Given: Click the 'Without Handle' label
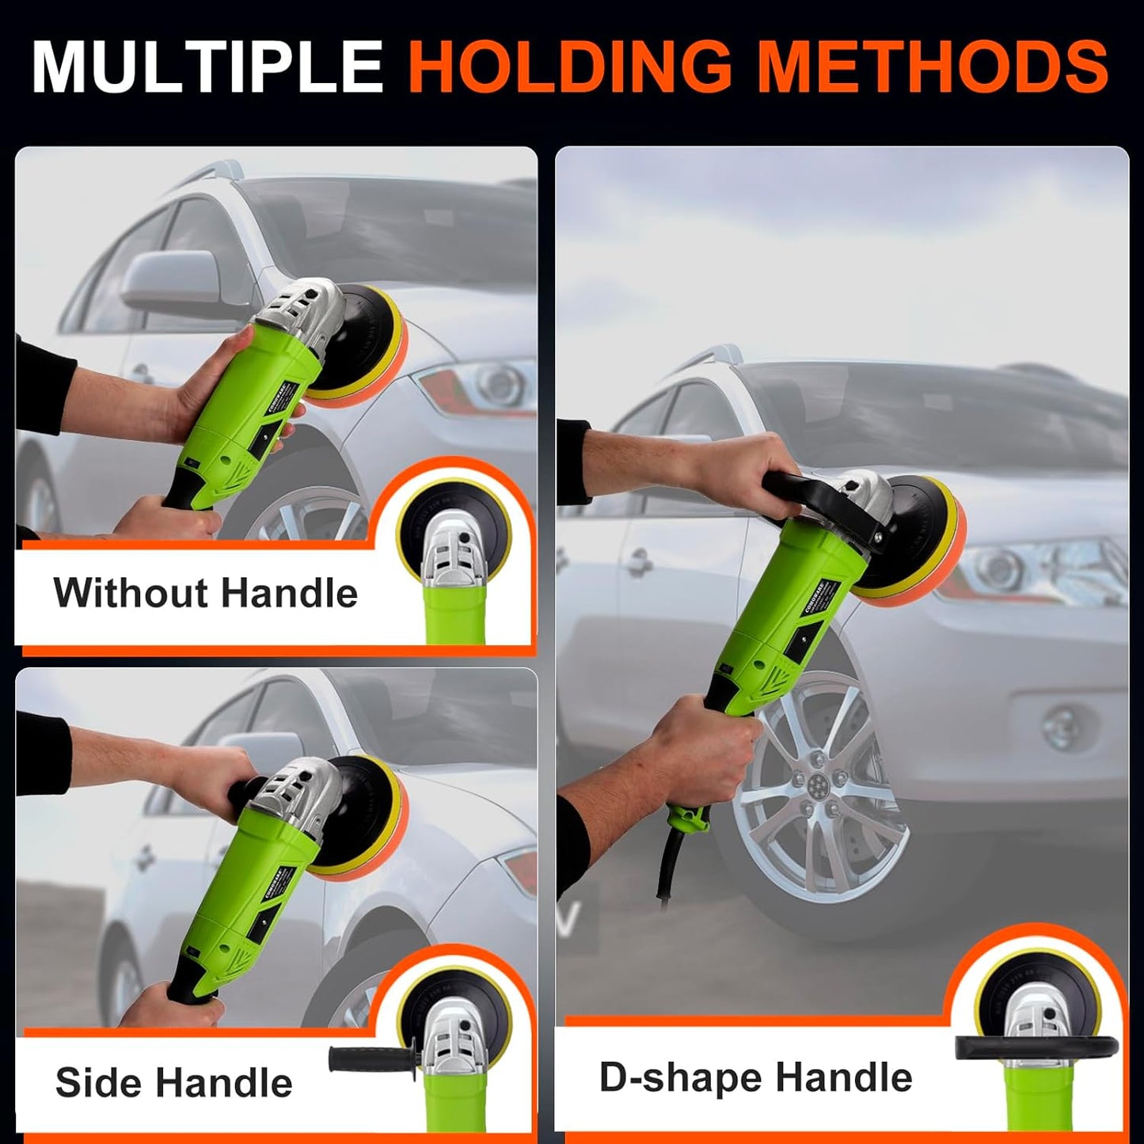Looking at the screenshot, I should pyautogui.click(x=205, y=593).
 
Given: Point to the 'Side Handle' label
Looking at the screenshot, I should pyautogui.click(x=173, y=1082).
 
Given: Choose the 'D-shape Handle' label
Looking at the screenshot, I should pyautogui.click(x=755, y=1077).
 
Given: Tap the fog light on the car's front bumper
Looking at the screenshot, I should pyautogui.click(x=1061, y=724).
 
